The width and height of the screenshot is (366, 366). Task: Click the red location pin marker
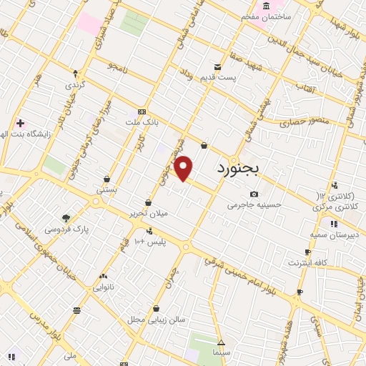click(x=184, y=168)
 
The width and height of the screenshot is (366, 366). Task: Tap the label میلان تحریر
click(x=147, y=214)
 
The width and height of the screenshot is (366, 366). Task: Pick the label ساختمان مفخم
click(x=266, y=16)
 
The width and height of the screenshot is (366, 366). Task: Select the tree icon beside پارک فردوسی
click(x=66, y=217)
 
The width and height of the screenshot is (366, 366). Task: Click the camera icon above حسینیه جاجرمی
click(x=254, y=194)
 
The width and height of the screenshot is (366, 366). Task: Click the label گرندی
click(x=75, y=85)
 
